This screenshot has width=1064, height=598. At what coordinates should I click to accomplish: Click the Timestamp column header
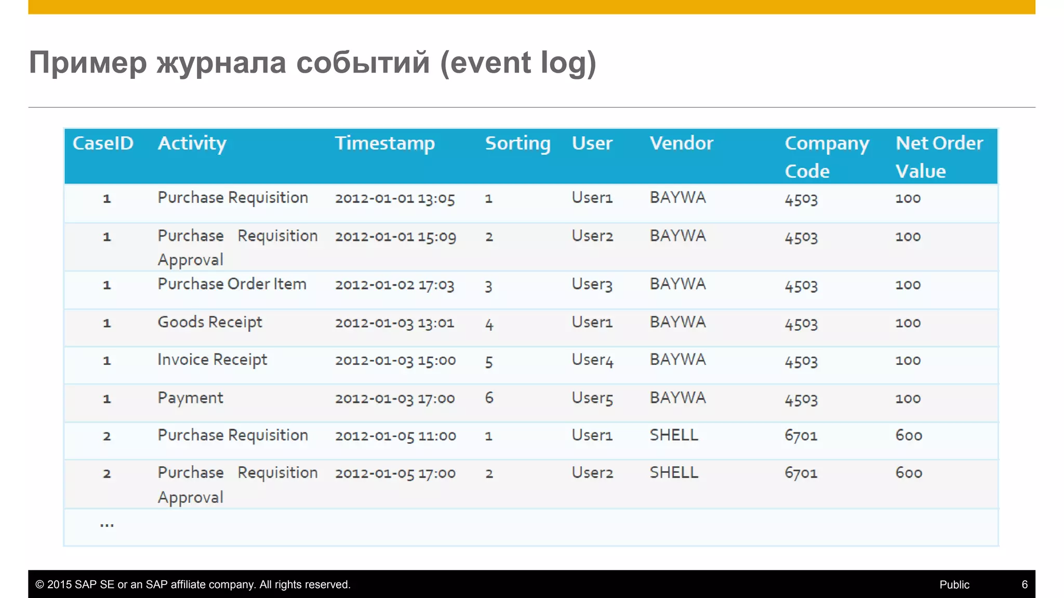pyautogui.click(x=384, y=143)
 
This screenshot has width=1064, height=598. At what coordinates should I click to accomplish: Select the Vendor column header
pyautogui.click(x=681, y=143)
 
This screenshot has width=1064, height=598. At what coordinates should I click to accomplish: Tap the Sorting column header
pyautogui.click(x=517, y=143)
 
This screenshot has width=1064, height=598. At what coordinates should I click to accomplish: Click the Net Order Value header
pyautogui.click(x=939, y=157)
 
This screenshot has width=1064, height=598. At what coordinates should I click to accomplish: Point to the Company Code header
pyautogui.click(x=826, y=157)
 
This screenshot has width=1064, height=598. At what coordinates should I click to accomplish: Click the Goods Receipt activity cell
pyautogui.click(x=210, y=322)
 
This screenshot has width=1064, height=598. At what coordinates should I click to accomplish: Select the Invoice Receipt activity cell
pyautogui.click(x=212, y=360)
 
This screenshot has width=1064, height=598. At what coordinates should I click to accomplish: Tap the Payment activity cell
pyautogui.click(x=190, y=398)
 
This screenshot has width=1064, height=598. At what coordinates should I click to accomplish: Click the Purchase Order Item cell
pyautogui.click(x=232, y=284)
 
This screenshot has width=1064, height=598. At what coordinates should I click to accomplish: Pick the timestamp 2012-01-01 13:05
pyautogui.click(x=395, y=198)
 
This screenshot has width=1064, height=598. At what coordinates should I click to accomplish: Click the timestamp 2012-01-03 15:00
pyautogui.click(x=395, y=360)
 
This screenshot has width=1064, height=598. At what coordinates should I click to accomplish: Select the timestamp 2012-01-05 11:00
pyautogui.click(x=395, y=436)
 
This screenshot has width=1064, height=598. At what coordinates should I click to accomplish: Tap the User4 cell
pyautogui.click(x=592, y=360)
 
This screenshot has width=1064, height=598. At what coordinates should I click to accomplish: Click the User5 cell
pyautogui.click(x=592, y=398)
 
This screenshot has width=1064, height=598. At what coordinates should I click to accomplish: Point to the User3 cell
pyautogui.click(x=592, y=284)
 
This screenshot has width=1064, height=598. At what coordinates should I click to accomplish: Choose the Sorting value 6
pyautogui.click(x=489, y=398)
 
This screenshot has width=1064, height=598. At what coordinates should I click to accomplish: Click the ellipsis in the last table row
pyautogui.click(x=107, y=525)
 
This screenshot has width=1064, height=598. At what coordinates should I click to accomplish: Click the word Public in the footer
pyautogui.click(x=954, y=585)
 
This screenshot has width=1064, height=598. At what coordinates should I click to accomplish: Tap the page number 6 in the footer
pyautogui.click(x=1025, y=585)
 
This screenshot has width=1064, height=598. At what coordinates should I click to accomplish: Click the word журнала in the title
pyautogui.click(x=222, y=63)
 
